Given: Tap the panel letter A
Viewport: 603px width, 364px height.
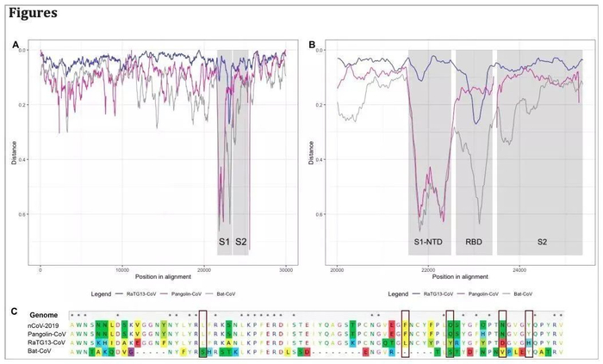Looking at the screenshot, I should pyautogui.click(x=16, y=43).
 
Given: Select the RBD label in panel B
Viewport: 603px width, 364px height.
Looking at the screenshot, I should pyautogui.click(x=474, y=243).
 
